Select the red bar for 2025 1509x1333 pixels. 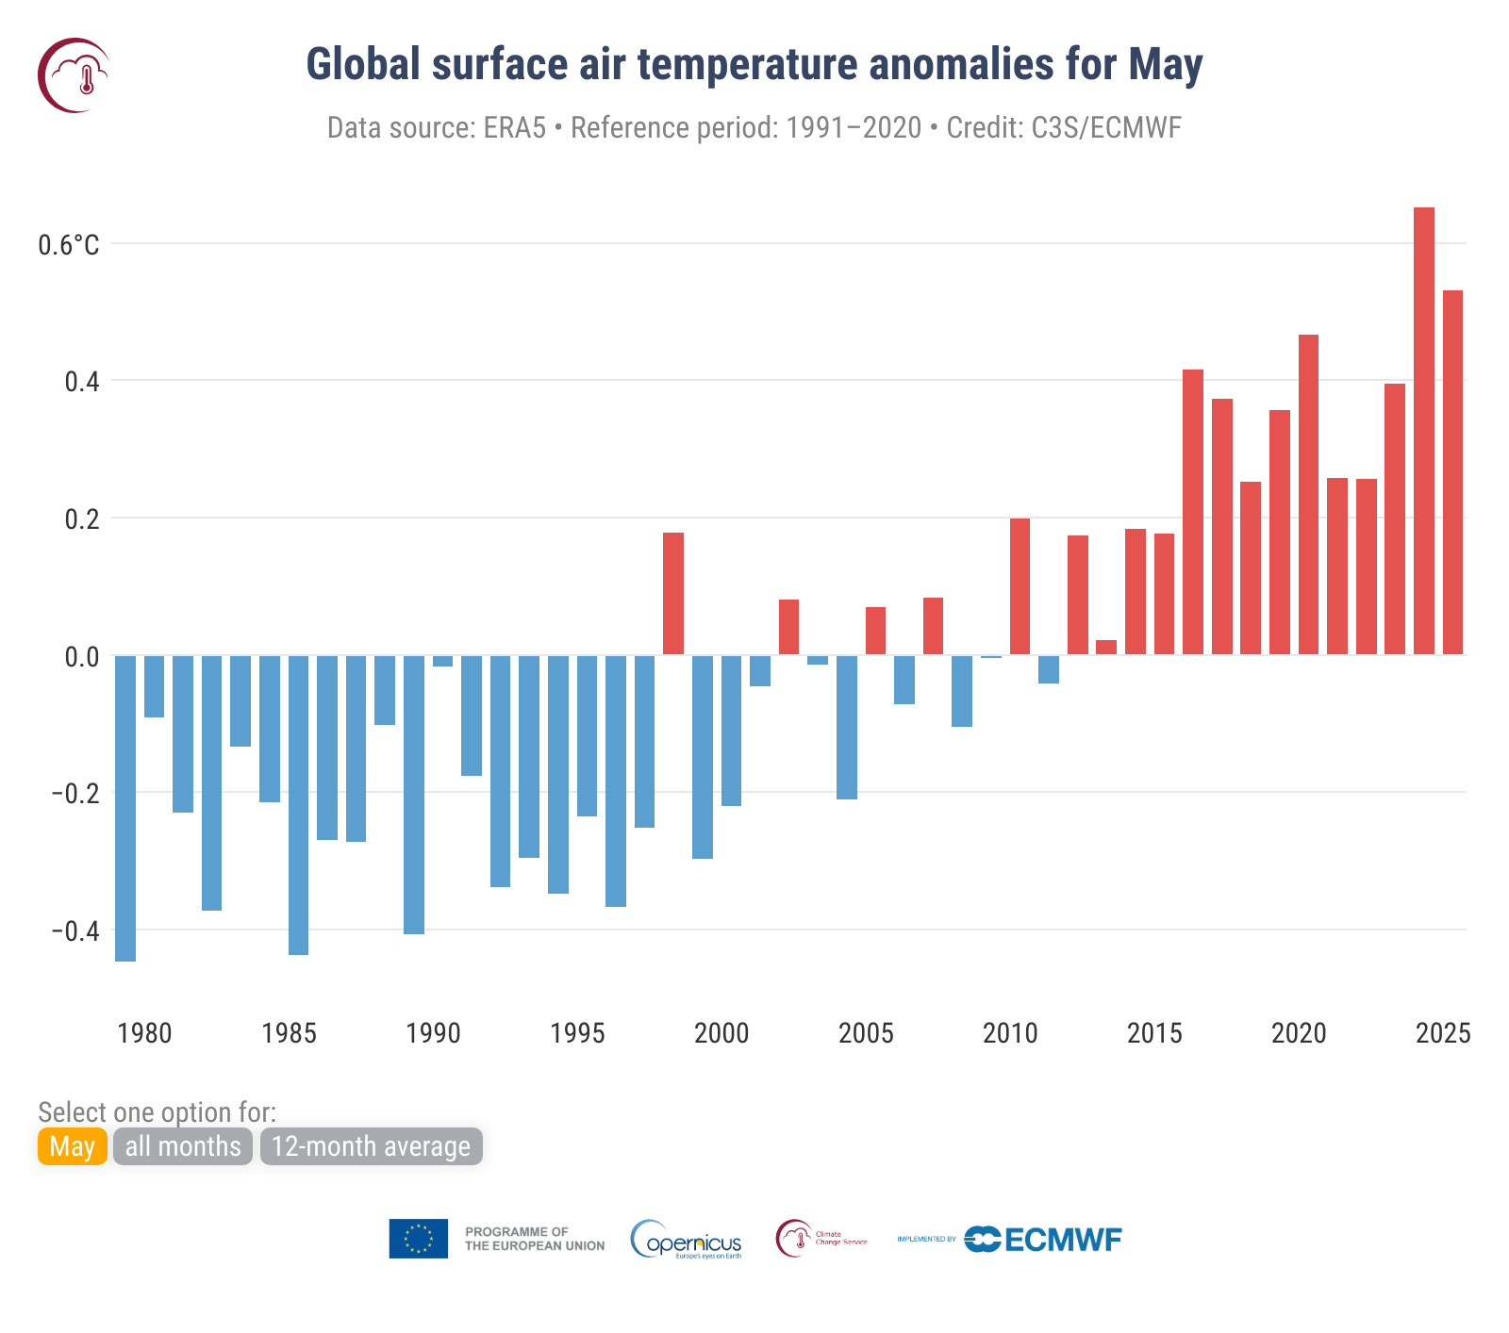pyautogui.click(x=1452, y=472)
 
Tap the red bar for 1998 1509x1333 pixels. pyautogui.click(x=672, y=593)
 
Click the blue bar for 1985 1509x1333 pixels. pyautogui.click(x=298, y=805)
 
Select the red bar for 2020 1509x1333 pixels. pyautogui.click(x=1308, y=494)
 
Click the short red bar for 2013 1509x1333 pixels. pyautogui.click(x=1106, y=647)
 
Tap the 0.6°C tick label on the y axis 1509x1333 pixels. pyautogui.click(x=68, y=245)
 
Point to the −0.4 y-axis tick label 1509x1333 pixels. pyautogui.click(x=75, y=931)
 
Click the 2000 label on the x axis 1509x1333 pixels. pyautogui.click(x=721, y=1033)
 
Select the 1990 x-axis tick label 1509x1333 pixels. pyautogui.click(x=433, y=1033)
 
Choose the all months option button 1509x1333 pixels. pyautogui.click(x=183, y=1146)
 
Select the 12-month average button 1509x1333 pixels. pyautogui.click(x=371, y=1146)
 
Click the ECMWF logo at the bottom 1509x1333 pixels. pyautogui.click(x=1043, y=1239)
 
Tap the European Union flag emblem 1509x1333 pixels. pyautogui.click(x=418, y=1239)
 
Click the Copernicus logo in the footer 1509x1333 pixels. pyautogui.click(x=687, y=1239)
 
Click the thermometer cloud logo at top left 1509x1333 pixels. pyautogui.click(x=74, y=75)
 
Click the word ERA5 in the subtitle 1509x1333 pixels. pyautogui.click(x=515, y=127)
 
